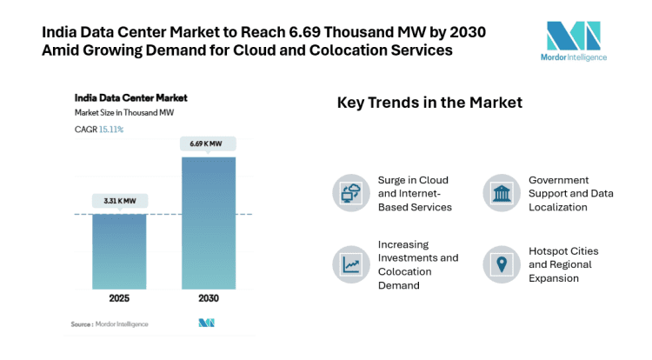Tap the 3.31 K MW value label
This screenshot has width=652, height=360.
tap(119, 200)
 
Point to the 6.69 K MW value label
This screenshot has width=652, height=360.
tap(208, 143)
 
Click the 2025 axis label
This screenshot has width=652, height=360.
tap(119, 298)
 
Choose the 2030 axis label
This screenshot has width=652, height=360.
tap(208, 298)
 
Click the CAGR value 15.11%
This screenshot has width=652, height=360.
tap(110, 130)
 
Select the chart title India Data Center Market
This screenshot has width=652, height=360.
tap(130, 97)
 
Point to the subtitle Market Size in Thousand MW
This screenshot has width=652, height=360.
tap(123, 113)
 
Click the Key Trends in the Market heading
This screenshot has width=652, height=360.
tap(429, 103)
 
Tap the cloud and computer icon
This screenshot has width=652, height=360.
tap(352, 193)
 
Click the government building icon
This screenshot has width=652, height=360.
tap(502, 193)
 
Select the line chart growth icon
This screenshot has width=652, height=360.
tap(352, 264)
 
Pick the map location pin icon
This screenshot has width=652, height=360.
tap(502, 264)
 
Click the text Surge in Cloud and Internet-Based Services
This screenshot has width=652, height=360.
tap(415, 193)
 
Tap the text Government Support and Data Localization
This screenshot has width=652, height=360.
tap(570, 193)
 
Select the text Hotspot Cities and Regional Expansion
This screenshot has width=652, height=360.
tap(563, 264)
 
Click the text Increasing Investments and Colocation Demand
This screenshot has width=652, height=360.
tap(417, 264)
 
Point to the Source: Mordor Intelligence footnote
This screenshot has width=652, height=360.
tap(110, 324)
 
